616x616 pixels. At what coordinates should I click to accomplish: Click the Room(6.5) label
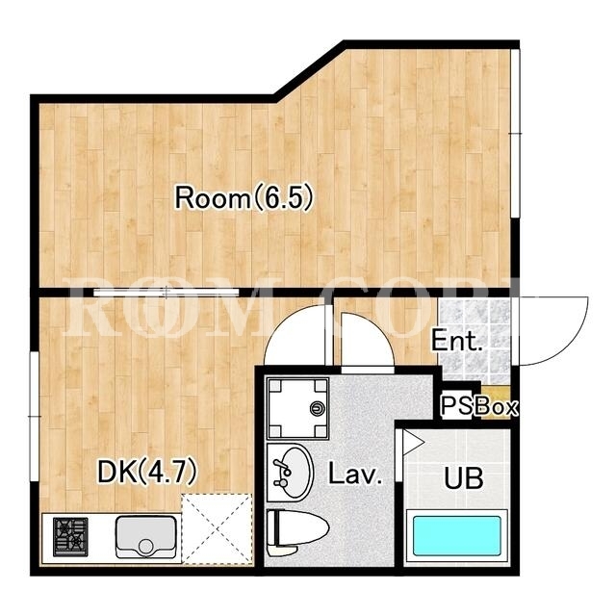(x=244, y=197)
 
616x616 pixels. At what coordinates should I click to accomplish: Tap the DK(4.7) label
(x=146, y=472)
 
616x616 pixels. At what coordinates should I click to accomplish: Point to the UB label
(x=464, y=477)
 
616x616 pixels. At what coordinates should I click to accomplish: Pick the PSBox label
(x=478, y=406)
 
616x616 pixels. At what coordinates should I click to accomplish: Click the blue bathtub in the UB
(x=457, y=535)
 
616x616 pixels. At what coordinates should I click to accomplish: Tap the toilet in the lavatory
(x=297, y=532)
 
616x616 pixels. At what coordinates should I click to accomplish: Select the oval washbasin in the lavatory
(x=290, y=473)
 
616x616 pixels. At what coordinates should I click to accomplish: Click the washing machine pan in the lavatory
(x=297, y=408)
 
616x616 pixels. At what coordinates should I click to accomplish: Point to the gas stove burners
(x=70, y=537)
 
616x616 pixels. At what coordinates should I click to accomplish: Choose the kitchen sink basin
(x=145, y=537)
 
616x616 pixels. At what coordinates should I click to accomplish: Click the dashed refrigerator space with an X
(x=217, y=529)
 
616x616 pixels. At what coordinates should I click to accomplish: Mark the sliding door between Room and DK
(x=167, y=293)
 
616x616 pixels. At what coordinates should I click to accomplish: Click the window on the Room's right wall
(x=516, y=134)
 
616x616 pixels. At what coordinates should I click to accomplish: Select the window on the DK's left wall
(x=35, y=416)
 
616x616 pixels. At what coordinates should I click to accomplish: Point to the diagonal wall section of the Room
(x=310, y=70)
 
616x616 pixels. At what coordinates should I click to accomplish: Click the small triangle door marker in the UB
(x=413, y=443)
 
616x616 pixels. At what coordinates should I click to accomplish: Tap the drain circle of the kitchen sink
(x=145, y=547)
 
